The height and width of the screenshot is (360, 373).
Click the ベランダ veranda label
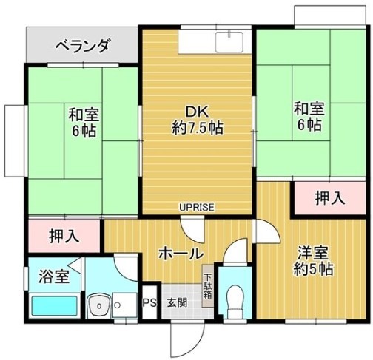82,46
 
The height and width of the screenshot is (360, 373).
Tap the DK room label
198,112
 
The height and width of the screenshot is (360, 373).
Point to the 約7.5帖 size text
198,128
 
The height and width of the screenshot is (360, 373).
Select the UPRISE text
197,208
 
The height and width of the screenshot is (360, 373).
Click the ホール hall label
181,254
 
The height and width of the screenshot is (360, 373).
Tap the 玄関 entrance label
177,303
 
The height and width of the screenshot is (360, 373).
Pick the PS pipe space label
150,303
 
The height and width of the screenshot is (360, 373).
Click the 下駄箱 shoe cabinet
208,286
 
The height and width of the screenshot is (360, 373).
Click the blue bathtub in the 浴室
55,306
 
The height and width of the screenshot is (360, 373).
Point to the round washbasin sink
99,305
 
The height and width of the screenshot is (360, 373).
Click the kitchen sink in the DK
229,41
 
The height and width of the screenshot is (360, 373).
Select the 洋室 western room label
313,254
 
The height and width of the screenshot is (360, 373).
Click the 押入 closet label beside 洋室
330,198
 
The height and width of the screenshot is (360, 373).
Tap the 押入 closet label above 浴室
64,236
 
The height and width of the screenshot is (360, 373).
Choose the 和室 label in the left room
84,115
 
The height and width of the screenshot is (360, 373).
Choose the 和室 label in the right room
309,109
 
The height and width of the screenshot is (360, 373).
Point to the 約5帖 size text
313,269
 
